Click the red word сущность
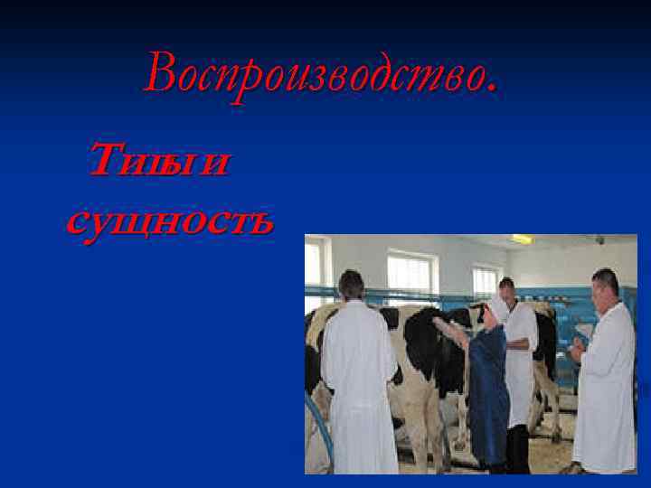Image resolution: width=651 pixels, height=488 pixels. point(169,220)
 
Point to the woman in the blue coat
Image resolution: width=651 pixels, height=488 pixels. point(488,389)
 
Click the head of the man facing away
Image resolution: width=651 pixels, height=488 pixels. point(350,284)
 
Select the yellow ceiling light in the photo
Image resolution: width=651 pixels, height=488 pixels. point(523,239)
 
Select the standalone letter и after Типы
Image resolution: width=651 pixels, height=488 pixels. point(215,164)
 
